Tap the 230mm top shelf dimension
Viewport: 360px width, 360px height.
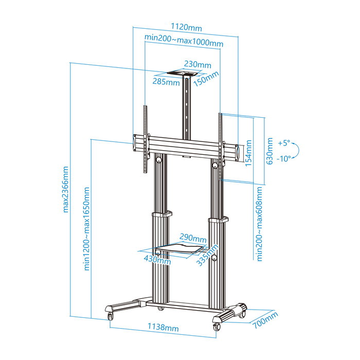197,65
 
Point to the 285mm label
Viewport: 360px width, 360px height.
166,82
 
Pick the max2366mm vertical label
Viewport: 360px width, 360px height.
65,189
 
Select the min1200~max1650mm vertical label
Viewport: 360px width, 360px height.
87,228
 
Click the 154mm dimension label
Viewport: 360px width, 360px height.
249,153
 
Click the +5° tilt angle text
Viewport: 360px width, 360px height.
284,142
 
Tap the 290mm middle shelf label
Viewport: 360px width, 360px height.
193,239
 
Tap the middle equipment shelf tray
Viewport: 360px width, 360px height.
175,249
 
